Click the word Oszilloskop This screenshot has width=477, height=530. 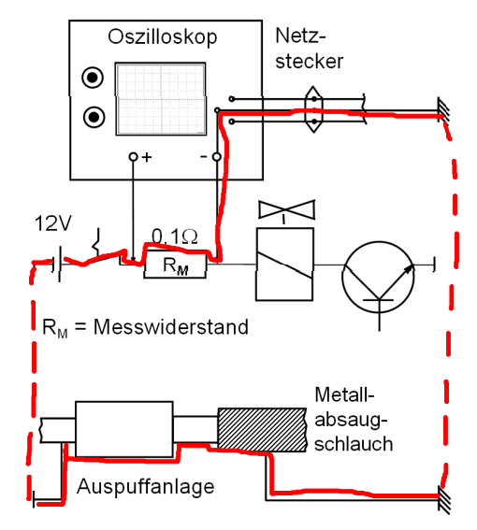click(163, 36)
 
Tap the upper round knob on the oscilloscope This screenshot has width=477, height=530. click(93, 78)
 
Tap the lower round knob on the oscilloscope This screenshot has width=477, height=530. click(94, 117)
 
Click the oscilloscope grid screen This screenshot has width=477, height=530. click(161, 99)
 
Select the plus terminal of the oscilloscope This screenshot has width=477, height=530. click(134, 157)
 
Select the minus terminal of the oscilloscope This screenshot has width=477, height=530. click(216, 157)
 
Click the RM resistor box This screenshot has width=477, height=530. click(175, 265)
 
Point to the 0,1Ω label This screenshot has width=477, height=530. click(175, 236)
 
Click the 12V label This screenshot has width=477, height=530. click(53, 223)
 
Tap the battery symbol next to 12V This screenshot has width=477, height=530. click(56, 264)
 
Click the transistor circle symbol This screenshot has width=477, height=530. click(378, 278)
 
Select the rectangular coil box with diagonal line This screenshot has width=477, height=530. click(284, 264)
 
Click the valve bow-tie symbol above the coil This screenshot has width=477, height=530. click(286, 209)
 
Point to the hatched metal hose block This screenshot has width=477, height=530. click(263, 430)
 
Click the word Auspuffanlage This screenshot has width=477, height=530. click(146, 487)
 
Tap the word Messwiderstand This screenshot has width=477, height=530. click(171, 327)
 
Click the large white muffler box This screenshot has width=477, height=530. click(124, 429)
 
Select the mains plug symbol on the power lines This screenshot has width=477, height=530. click(313, 109)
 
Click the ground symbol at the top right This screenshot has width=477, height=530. click(444, 110)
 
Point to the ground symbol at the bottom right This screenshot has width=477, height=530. click(444, 499)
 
